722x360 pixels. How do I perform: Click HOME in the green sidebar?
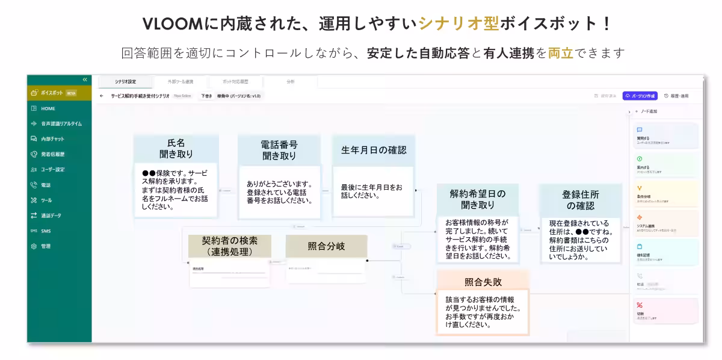click(x=48, y=108)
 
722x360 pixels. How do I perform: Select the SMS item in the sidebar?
click(x=46, y=231)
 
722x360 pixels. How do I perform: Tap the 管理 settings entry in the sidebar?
click(x=46, y=246)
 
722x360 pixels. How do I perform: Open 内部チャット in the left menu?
click(x=52, y=139)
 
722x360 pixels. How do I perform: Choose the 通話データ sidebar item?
click(x=51, y=216)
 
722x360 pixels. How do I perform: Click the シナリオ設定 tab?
click(x=126, y=82)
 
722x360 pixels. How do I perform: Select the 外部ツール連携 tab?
click(x=181, y=82)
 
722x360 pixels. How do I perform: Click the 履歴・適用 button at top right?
click(x=676, y=96)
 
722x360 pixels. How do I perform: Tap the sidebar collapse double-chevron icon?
click(x=85, y=79)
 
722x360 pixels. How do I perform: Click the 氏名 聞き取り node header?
click(x=176, y=149)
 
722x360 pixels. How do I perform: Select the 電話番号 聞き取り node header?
click(x=279, y=150)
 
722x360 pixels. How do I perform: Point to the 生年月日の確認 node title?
click(x=374, y=150)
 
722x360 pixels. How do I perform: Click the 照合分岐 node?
click(x=326, y=246)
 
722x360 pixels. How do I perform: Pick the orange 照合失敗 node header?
click(x=483, y=282)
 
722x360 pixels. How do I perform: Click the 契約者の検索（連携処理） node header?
click(x=229, y=246)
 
